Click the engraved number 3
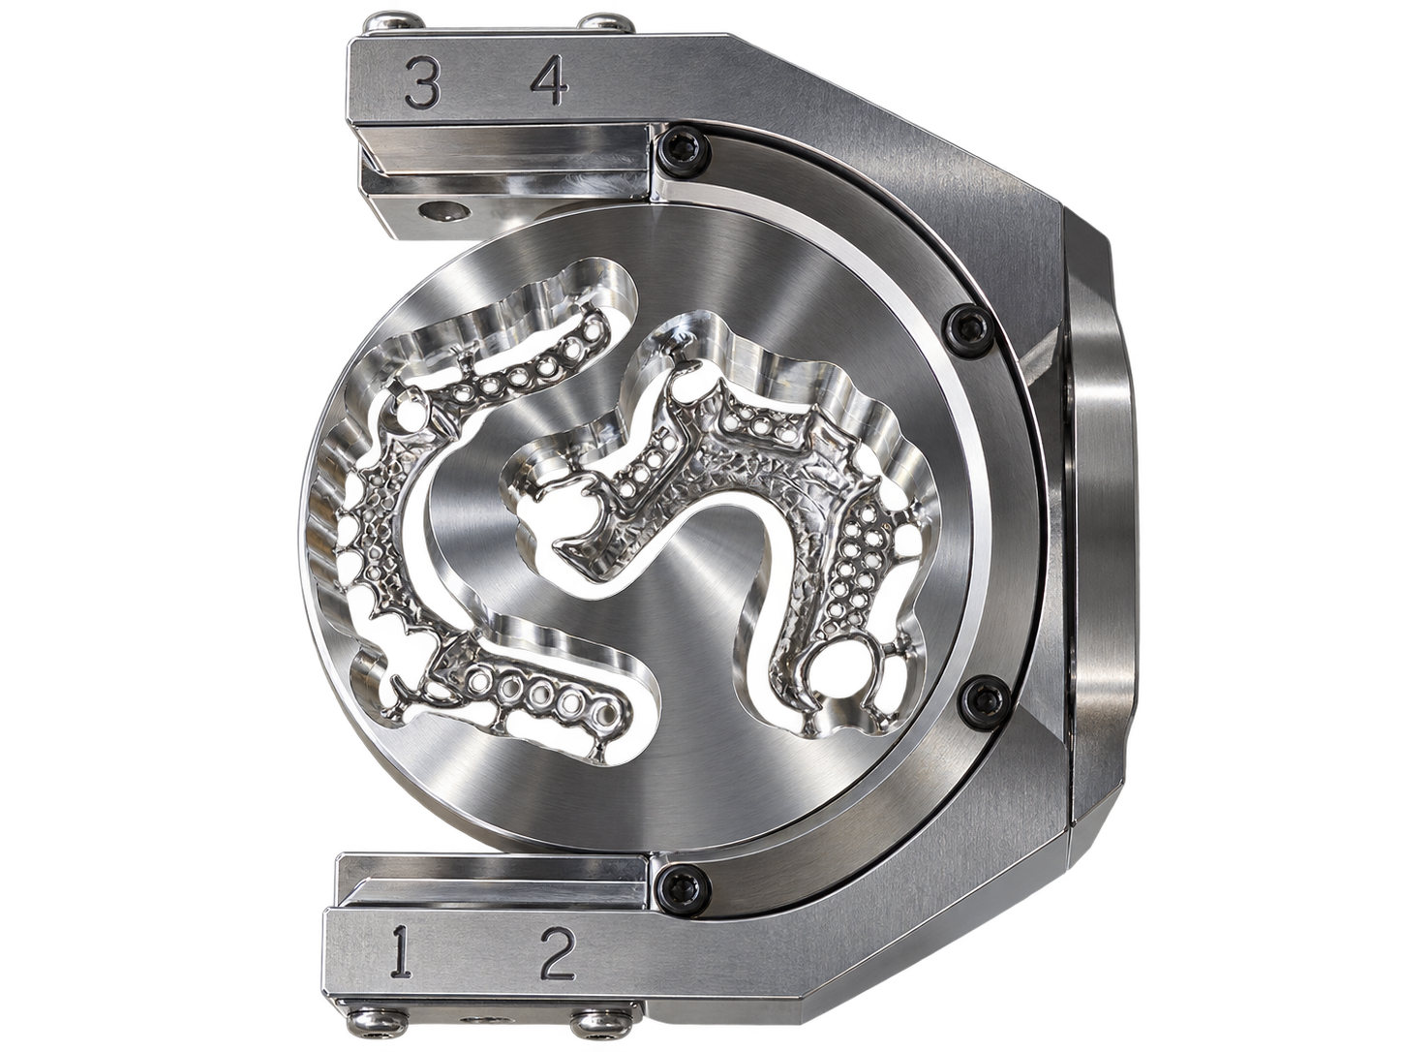pyautogui.click(x=422, y=81)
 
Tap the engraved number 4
pyautogui.click(x=550, y=80)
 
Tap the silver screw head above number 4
pyautogui.click(x=607, y=23)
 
